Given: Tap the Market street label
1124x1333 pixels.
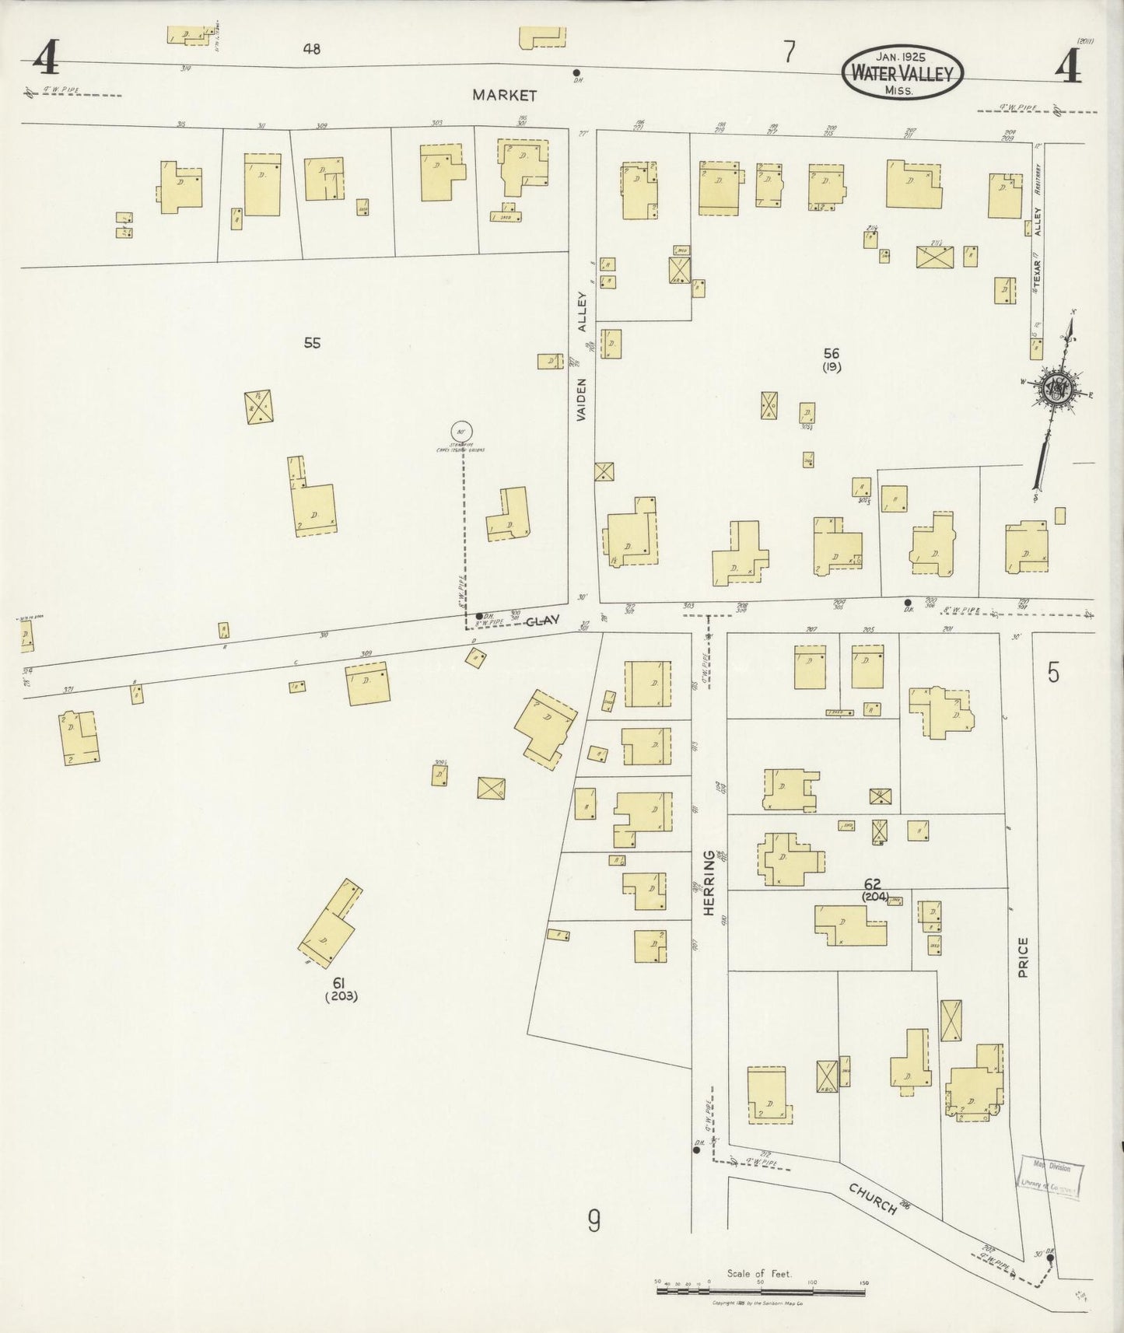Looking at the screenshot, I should [504, 96].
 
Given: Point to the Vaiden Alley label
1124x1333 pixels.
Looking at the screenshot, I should [583, 357].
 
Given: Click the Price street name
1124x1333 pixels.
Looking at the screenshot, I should [1022, 957].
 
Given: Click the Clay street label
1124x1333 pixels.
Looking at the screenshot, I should [542, 621].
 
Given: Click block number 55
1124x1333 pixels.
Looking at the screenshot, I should [312, 343].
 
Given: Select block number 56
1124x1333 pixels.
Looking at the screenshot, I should [832, 354].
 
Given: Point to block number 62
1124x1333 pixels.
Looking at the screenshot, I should [872, 884].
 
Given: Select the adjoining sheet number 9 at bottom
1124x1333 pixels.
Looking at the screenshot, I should [594, 1223].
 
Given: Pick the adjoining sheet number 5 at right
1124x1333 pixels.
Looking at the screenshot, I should [1053, 672].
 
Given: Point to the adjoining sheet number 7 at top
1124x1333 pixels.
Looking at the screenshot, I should [790, 52].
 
